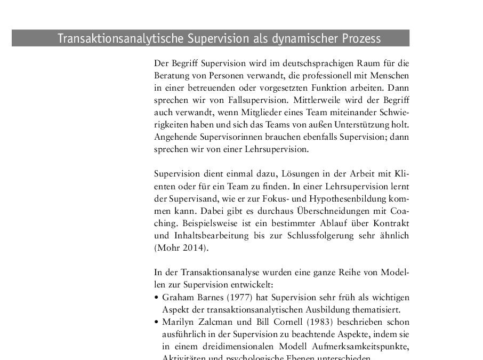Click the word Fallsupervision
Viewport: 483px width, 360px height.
229,99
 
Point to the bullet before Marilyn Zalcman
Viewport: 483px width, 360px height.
156,322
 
